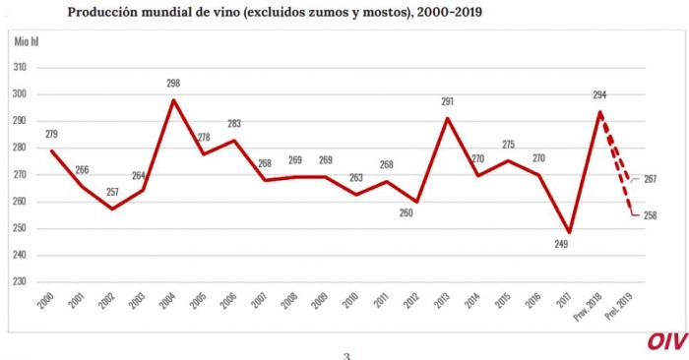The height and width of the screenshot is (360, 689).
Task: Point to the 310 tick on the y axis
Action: click(x=20, y=68)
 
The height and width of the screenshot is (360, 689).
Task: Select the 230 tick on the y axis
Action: click(x=20, y=281)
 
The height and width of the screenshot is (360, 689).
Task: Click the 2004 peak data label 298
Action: click(x=174, y=85)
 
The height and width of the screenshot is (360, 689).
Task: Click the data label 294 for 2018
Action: click(x=597, y=94)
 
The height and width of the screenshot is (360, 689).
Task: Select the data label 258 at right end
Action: click(x=650, y=215)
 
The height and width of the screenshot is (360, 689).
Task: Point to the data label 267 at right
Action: click(x=650, y=179)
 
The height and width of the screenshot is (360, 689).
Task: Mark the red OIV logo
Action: click(x=665, y=340)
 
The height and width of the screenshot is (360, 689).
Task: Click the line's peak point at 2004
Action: click(x=174, y=99)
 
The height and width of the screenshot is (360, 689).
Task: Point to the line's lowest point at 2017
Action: click(x=569, y=232)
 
